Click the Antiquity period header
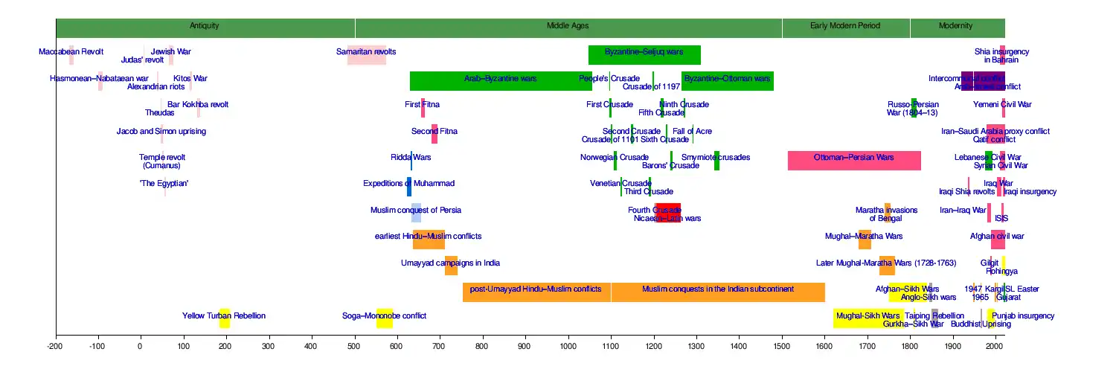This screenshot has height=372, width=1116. pyautogui.click(x=205, y=27)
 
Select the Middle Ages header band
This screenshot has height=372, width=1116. pyautogui.click(x=568, y=27)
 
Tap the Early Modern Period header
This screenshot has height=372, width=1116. pyautogui.click(x=845, y=27)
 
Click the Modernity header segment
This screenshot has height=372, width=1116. pyautogui.click(x=956, y=27)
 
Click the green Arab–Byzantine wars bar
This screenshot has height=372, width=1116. pyautogui.click(x=500, y=81)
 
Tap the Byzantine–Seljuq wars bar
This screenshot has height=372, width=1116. pyautogui.click(x=644, y=55)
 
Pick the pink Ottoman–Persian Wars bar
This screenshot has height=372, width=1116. pyautogui.click(x=854, y=161)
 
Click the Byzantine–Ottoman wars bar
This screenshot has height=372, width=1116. pyautogui.click(x=727, y=81)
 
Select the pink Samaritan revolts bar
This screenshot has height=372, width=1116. pyautogui.click(x=366, y=55)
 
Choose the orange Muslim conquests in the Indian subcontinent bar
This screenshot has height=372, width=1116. pyautogui.click(x=717, y=292)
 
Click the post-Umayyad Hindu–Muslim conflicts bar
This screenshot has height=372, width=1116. pyautogui.click(x=536, y=292)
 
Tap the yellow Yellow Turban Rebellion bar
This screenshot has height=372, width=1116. pyautogui.click(x=224, y=318)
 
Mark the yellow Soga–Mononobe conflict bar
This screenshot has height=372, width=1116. pyautogui.click(x=384, y=318)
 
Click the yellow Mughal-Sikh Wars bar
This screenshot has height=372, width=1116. pyautogui.click(x=868, y=318)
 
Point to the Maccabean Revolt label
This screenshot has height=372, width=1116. pyautogui.click(x=71, y=51)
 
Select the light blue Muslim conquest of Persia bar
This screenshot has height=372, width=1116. pyautogui.click(x=416, y=213)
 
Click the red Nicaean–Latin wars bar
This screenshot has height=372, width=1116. pyautogui.click(x=667, y=213)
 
